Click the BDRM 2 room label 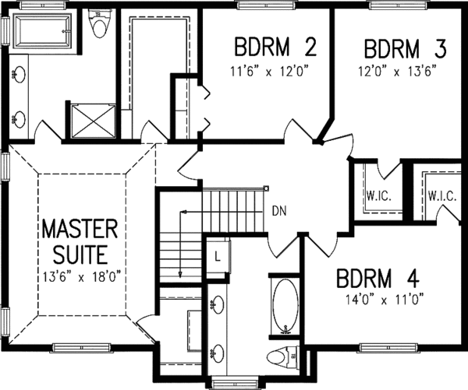(x=275, y=49)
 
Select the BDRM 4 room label (x=378, y=278)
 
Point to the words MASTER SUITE (x=79, y=241)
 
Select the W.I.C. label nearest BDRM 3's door (x=378, y=197)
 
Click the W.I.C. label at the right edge (x=441, y=197)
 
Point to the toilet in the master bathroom (x=98, y=26)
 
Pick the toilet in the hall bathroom (x=278, y=357)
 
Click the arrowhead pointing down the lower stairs (x=179, y=274)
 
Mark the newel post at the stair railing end (x=266, y=188)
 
